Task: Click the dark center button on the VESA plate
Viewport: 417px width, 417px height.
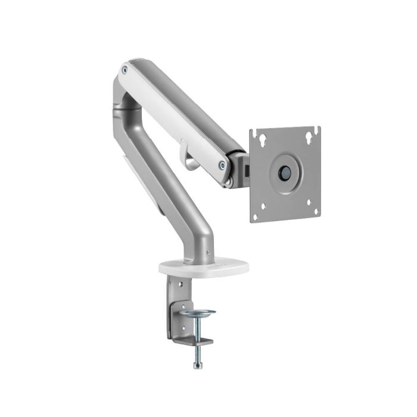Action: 285,172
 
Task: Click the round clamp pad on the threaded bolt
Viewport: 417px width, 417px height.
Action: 197,313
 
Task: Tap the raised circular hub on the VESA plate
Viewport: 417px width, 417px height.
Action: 285,172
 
